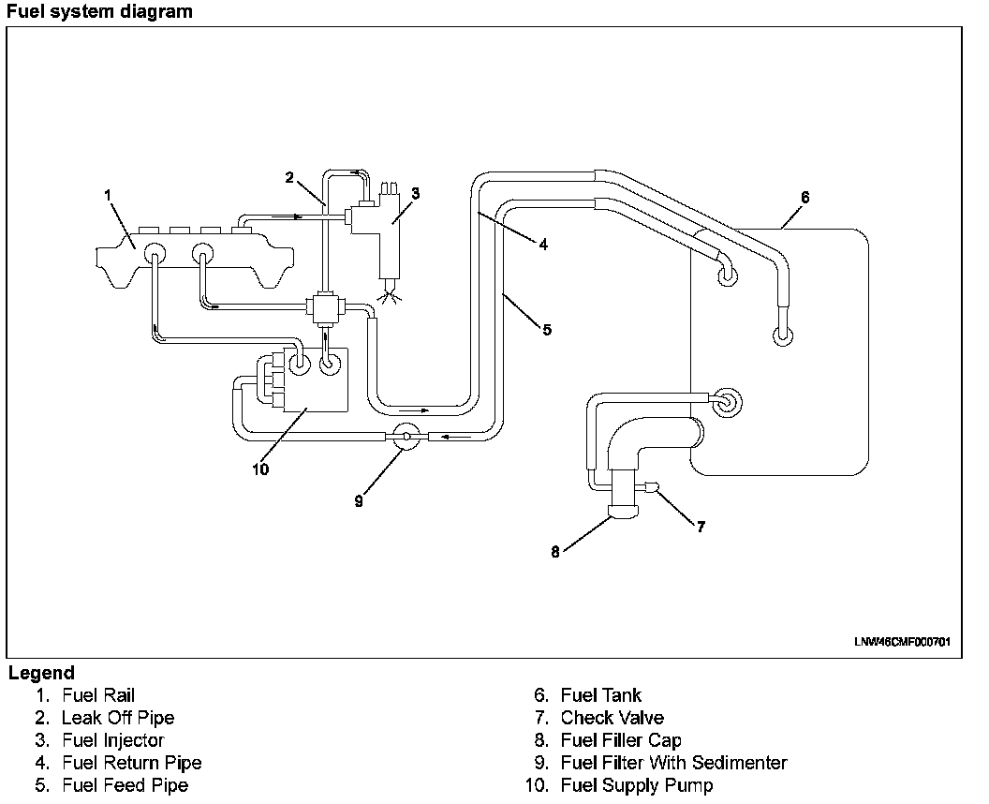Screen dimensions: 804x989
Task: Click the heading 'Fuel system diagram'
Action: click(x=99, y=12)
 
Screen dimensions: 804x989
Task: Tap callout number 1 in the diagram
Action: click(x=109, y=194)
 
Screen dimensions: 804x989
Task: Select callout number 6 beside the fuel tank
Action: click(x=804, y=197)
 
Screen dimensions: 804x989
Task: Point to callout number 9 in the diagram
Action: click(x=358, y=500)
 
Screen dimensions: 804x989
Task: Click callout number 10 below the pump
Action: click(x=260, y=469)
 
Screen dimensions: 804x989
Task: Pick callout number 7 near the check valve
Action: click(x=700, y=527)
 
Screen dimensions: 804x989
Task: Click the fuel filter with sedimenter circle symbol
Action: click(x=406, y=436)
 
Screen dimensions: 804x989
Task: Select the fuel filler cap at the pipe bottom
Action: click(x=623, y=511)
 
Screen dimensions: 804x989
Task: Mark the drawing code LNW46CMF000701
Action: click(x=902, y=642)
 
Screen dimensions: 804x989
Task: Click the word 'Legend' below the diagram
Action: click(x=41, y=673)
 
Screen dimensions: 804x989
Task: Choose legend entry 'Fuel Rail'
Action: click(x=98, y=695)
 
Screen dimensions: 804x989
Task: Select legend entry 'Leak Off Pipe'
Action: click(x=118, y=718)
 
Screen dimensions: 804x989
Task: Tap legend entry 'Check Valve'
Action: click(x=613, y=718)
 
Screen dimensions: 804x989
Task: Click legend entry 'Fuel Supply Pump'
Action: click(x=637, y=785)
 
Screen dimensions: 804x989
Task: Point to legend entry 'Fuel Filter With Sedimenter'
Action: click(x=673, y=763)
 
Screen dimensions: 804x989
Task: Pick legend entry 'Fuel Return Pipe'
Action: click(x=132, y=763)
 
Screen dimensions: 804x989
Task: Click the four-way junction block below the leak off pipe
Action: click(x=324, y=305)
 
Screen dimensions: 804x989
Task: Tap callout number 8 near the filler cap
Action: click(x=555, y=552)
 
